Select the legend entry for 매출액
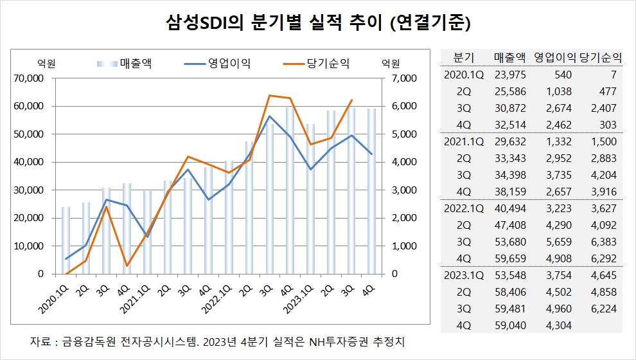[125, 64]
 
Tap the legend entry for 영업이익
[217, 64]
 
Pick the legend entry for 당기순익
[316, 64]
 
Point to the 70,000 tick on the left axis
[29, 78]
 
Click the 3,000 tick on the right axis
[404, 190]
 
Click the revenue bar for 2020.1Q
[66, 240]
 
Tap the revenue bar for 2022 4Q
[290, 191]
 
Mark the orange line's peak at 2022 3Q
[269, 95]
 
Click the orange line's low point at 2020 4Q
[127, 265]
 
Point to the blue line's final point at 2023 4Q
[371, 154]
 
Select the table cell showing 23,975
[510, 75]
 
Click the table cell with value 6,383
[604, 242]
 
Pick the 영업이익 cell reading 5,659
[559, 242]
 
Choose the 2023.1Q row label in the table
[464, 275]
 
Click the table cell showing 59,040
[510, 325]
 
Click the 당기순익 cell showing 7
[614, 75]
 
